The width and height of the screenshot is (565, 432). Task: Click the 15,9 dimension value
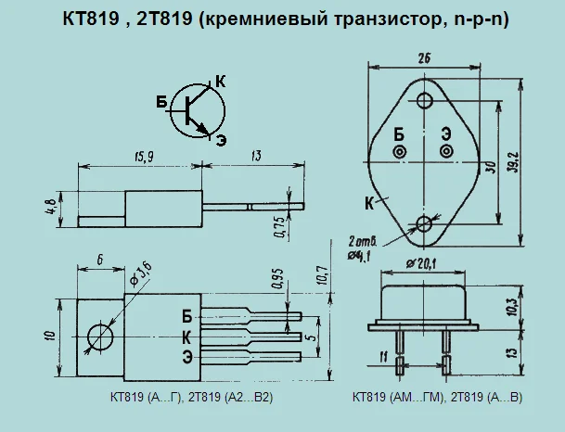pos(144,157)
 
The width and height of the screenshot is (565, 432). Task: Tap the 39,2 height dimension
pos(515,162)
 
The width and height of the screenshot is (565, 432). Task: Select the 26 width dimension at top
pos(424,58)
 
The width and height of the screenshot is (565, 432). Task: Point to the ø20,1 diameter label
pos(421,264)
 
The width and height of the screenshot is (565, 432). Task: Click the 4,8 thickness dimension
pos(51,207)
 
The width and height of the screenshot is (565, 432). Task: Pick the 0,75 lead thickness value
pos(279,227)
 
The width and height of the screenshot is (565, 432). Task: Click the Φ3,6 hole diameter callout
pos(140,274)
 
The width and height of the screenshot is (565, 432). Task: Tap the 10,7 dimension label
pos(323,275)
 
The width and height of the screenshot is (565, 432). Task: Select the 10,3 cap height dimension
pos(513,307)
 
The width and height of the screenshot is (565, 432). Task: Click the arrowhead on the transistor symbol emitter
pos(202,129)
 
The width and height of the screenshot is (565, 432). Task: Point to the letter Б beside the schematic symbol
pos(161,102)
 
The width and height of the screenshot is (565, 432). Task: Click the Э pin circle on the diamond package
pos(446,151)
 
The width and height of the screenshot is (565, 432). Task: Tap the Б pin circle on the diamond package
pos(400,151)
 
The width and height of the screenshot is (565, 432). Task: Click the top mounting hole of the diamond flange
pos(425,100)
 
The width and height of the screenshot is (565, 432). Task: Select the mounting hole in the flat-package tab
pos(100,337)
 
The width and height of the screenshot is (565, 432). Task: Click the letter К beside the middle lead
pos(186,338)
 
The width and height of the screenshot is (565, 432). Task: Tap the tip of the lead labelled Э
pos(302,356)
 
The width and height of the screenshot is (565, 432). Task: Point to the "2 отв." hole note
pos(363,240)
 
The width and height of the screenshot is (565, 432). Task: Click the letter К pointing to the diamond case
pos(369,204)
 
